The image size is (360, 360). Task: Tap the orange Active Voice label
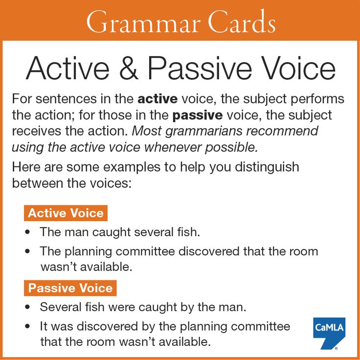66,213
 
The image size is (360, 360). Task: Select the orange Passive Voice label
70,288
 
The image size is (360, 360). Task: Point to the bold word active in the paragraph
157,99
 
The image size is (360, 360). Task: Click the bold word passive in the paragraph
198,116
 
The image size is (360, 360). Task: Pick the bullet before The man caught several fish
27,232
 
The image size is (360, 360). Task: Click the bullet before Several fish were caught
27,308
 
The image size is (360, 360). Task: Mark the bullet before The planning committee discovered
27,252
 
